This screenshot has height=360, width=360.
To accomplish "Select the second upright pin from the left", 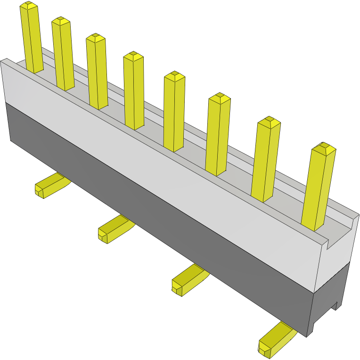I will click(x=63, y=54).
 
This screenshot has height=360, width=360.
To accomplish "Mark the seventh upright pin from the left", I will click(x=266, y=160).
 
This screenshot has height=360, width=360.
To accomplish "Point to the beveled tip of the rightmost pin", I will click(x=324, y=148).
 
